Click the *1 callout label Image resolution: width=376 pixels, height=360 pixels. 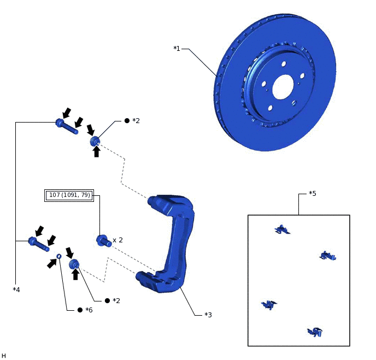tap(177, 49)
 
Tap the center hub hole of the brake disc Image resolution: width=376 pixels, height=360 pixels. tap(283, 86)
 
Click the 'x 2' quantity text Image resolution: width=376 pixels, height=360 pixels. tap(117, 240)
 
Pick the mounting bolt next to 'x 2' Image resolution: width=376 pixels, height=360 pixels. tap(103, 241)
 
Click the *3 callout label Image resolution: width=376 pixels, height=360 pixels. tap(208, 315)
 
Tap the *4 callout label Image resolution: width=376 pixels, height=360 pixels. tap(16, 289)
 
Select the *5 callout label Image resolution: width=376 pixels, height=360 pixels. tap(312, 194)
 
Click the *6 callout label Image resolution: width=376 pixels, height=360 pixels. tap(89, 310)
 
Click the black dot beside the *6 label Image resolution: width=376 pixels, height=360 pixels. tap(80, 310)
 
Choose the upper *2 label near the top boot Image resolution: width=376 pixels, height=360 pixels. tap(136, 120)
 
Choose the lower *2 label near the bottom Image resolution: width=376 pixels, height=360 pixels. tap(116, 300)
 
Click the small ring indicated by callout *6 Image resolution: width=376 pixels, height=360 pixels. tap(59, 256)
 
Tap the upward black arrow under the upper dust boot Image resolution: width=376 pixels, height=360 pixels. tap(97, 152)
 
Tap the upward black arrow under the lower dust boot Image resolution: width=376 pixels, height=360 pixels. tap(75, 274)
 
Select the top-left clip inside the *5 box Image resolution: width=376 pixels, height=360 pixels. tap(282, 230)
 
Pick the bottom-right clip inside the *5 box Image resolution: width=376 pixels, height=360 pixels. tap(315, 332)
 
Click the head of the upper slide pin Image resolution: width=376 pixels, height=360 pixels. tap(60, 123)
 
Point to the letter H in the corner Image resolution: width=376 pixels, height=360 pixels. tap(4, 356)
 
